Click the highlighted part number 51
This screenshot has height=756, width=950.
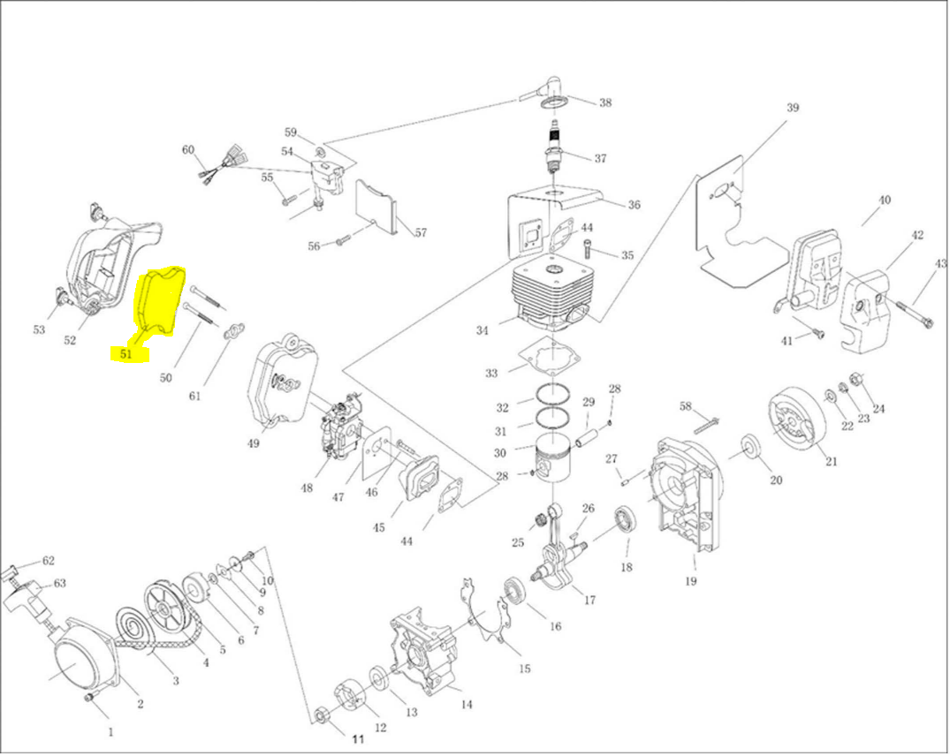pyautogui.click(x=126, y=354)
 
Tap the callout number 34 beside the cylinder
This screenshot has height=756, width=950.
pyautogui.click(x=482, y=331)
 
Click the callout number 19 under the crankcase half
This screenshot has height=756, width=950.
pyautogui.click(x=691, y=581)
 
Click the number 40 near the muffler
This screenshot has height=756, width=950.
pyautogui.click(x=884, y=200)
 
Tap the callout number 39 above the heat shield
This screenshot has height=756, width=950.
pyautogui.click(x=793, y=108)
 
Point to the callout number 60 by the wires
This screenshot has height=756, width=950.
pyautogui.click(x=188, y=149)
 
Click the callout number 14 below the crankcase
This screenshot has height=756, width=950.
pyautogui.click(x=467, y=705)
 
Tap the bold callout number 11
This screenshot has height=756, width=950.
pyautogui.click(x=359, y=738)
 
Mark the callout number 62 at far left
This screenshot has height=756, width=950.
pyautogui.click(x=49, y=560)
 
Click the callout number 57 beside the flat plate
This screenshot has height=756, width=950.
pyautogui.click(x=421, y=233)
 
